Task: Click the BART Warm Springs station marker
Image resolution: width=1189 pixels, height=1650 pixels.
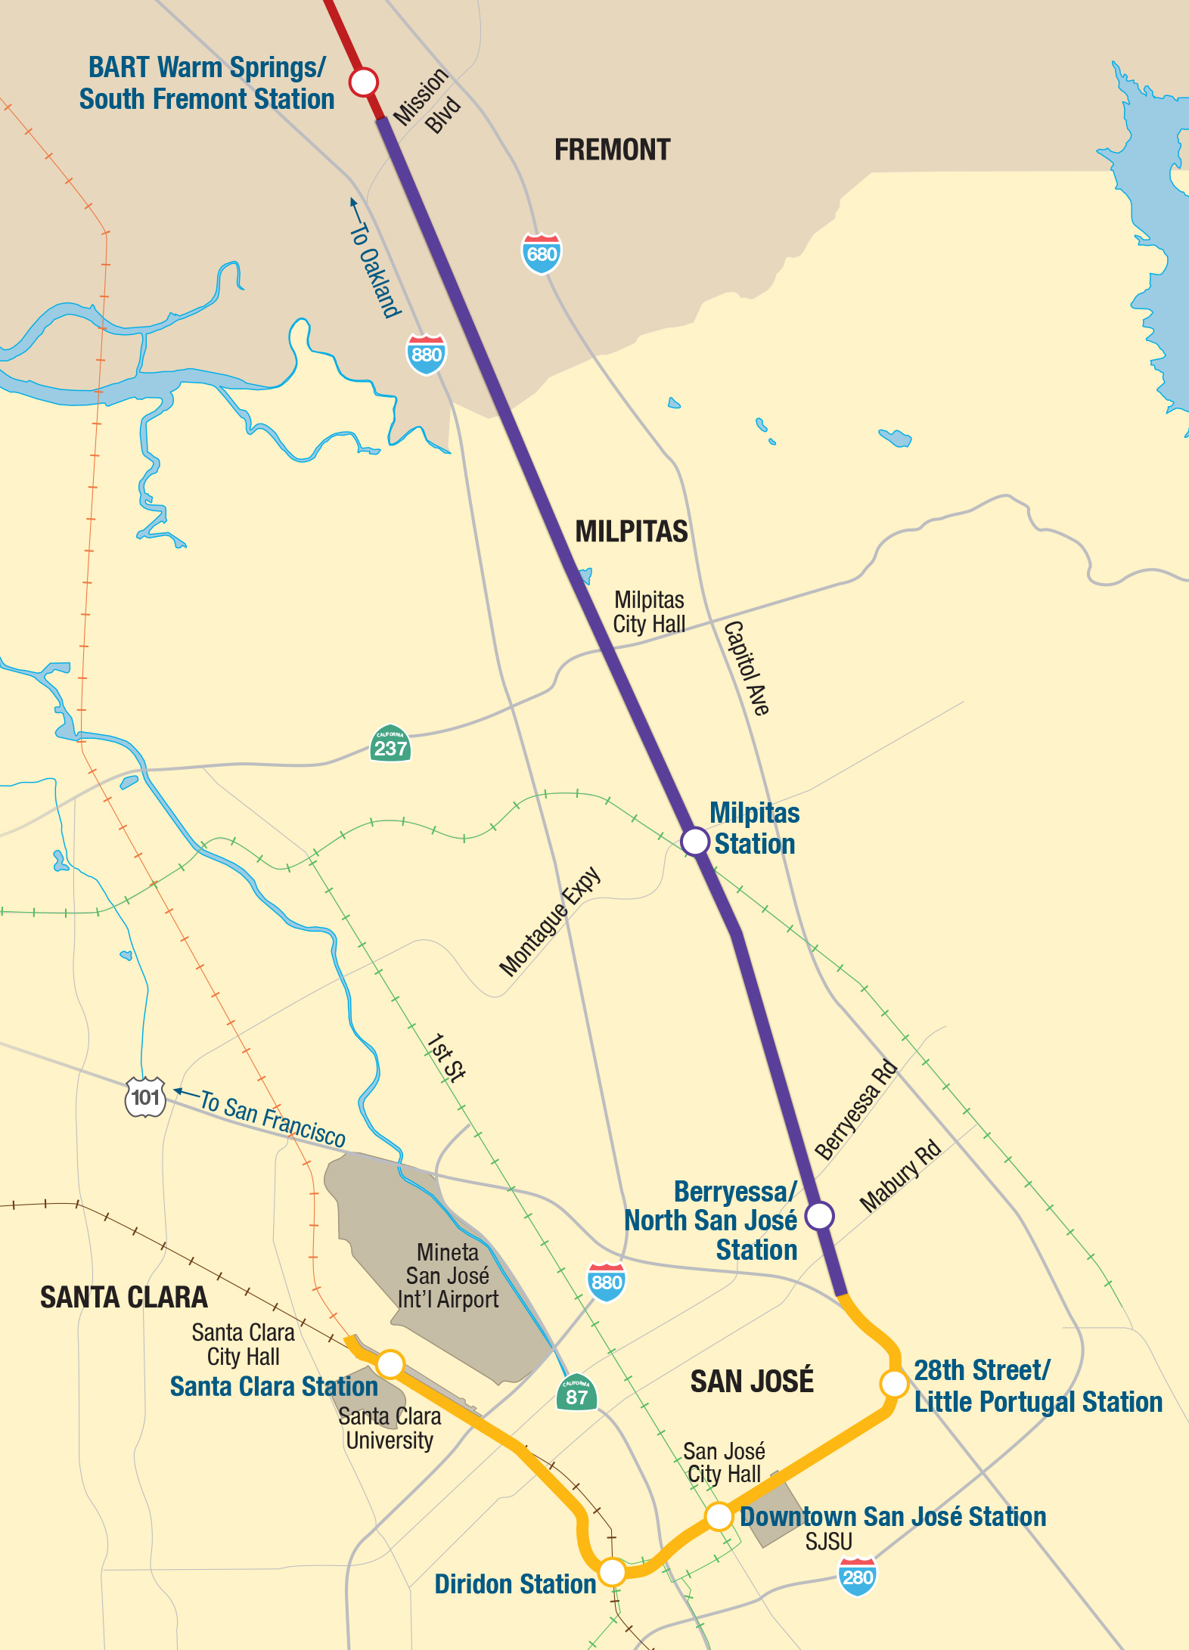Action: (364, 81)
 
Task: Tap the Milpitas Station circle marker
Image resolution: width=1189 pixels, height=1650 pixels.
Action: (694, 841)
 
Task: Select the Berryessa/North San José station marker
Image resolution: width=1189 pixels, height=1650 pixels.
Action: (819, 1216)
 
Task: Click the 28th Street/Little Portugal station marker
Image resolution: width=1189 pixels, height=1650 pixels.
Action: (894, 1384)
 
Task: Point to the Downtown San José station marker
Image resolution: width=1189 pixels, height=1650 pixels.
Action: (719, 1516)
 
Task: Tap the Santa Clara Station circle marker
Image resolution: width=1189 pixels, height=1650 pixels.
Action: (390, 1363)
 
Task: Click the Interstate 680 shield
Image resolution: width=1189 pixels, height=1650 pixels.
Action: (542, 253)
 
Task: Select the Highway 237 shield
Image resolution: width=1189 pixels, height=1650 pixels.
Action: (390, 745)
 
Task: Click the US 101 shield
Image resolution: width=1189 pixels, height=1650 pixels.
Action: (145, 1096)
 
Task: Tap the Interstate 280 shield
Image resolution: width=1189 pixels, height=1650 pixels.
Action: (858, 1577)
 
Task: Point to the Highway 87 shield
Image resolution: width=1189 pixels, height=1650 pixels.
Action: (576, 1394)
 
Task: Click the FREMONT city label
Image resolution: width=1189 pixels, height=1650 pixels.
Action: (612, 150)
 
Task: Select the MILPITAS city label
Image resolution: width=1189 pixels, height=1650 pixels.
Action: (632, 532)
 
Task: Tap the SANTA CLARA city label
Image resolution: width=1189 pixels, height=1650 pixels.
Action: (124, 1298)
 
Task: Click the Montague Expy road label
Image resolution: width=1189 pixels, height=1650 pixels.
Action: (550, 921)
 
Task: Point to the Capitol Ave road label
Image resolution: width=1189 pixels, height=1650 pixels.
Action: (747, 668)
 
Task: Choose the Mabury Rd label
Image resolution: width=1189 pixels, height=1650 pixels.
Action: (900, 1176)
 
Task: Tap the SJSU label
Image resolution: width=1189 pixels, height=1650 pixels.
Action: (828, 1541)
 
